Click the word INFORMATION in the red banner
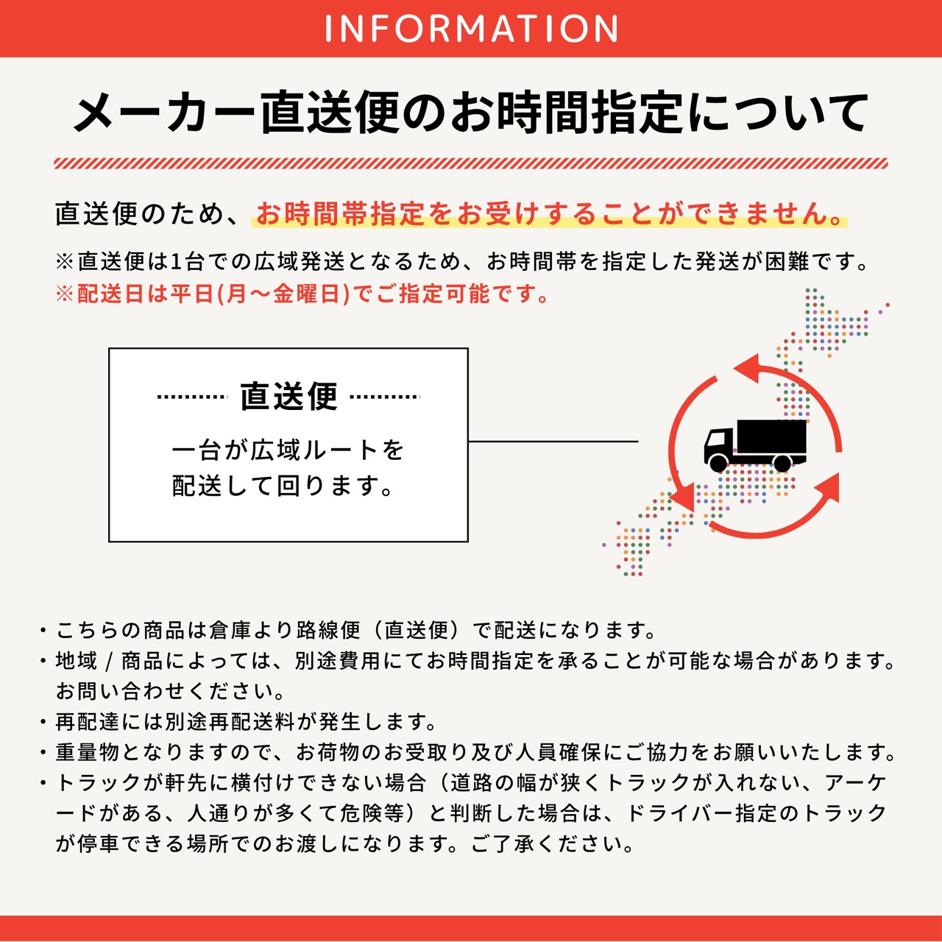[471, 28]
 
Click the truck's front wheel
[718, 463]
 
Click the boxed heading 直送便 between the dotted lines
[288, 397]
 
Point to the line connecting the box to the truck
[552, 442]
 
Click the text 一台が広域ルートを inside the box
[288, 450]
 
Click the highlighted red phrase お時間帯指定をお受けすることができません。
[549, 214]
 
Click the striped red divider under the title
[471, 163]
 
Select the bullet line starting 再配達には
[247, 722]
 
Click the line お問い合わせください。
[171, 692]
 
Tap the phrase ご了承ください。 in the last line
[552, 843]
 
